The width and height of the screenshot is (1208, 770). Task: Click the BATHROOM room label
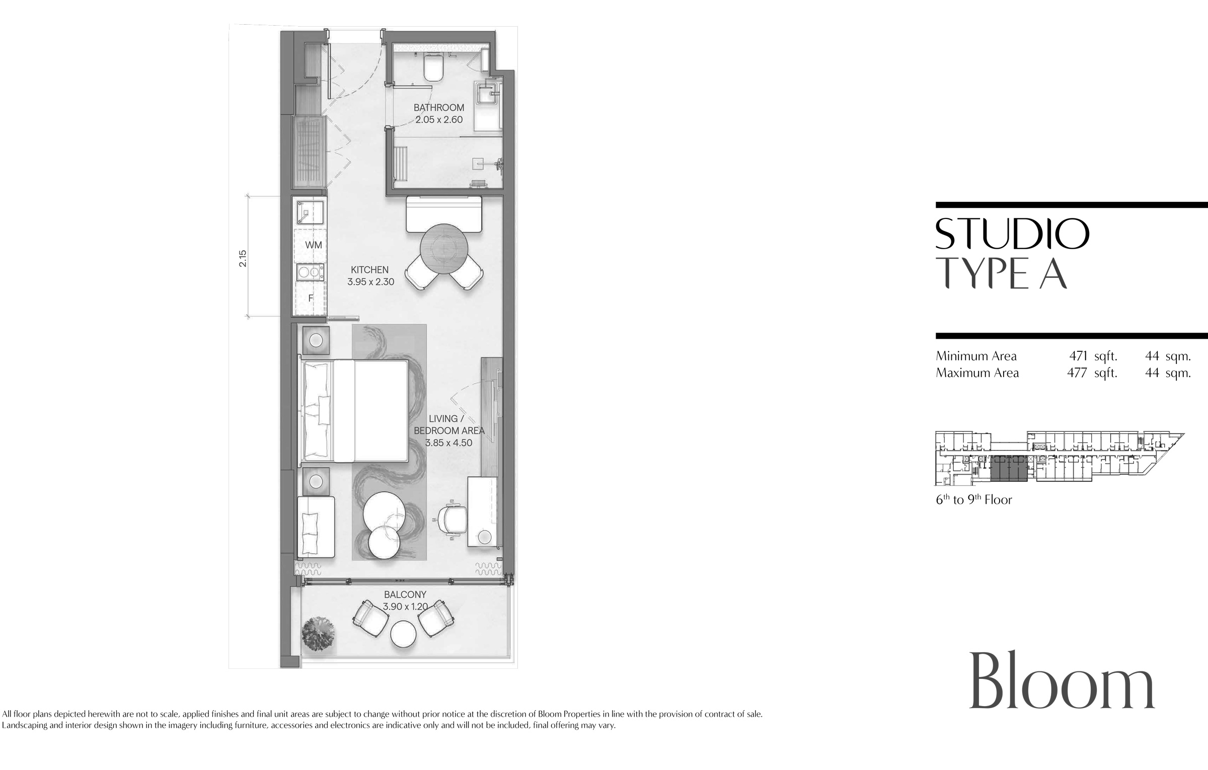click(x=439, y=108)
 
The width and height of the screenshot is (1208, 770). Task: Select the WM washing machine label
click(x=314, y=245)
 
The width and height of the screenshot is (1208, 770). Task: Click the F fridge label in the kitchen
click(x=311, y=298)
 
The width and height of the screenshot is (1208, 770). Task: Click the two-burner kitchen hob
click(x=311, y=272)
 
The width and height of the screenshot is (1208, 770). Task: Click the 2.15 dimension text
click(x=243, y=258)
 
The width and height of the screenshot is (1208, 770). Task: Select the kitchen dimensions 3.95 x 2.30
click(x=370, y=282)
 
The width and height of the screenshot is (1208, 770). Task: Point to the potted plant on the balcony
click(x=318, y=635)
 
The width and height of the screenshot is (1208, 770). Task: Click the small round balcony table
click(x=403, y=634)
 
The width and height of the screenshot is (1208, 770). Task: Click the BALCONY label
click(x=405, y=595)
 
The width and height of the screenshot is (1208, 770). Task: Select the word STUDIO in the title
click(x=1012, y=234)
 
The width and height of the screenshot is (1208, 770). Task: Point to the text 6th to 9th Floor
click(x=974, y=500)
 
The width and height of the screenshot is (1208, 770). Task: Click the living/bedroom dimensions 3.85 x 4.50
click(x=449, y=443)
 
